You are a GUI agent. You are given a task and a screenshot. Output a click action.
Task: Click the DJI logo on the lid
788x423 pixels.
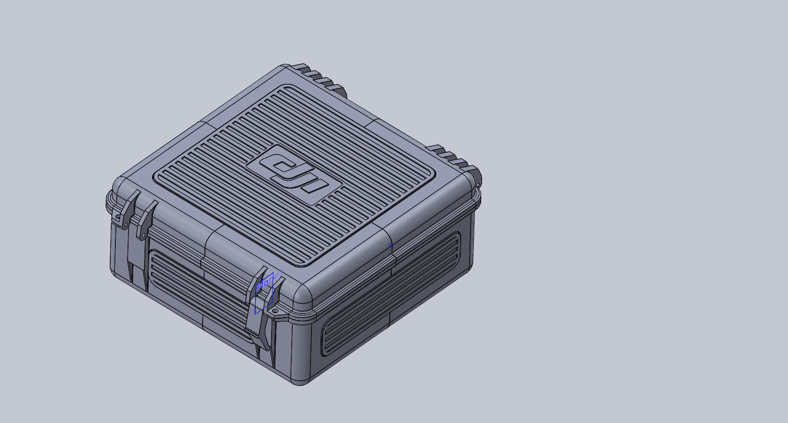click(x=294, y=174)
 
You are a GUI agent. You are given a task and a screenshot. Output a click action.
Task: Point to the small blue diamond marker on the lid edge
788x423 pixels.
click(x=390, y=245)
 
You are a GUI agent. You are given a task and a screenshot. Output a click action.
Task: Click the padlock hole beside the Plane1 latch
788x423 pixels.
click(x=275, y=311)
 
